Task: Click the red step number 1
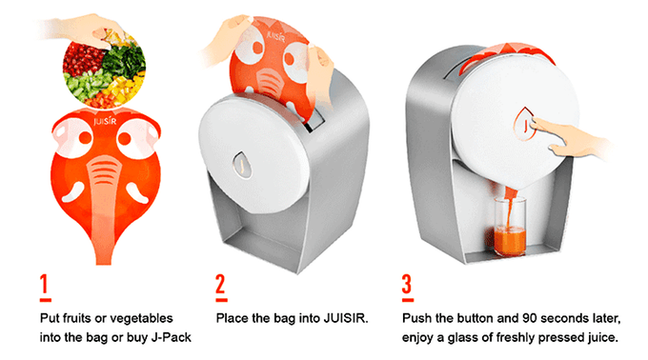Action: [x=45, y=286]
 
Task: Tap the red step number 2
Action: [x=221, y=286]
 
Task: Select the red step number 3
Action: [x=408, y=286]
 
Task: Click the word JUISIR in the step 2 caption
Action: [x=346, y=318]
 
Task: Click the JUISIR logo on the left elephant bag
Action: [x=105, y=121]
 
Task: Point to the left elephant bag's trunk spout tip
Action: [x=103, y=263]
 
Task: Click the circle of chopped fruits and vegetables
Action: [x=104, y=68]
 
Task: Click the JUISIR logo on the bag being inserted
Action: [x=275, y=35]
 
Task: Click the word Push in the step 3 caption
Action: [x=416, y=318]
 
